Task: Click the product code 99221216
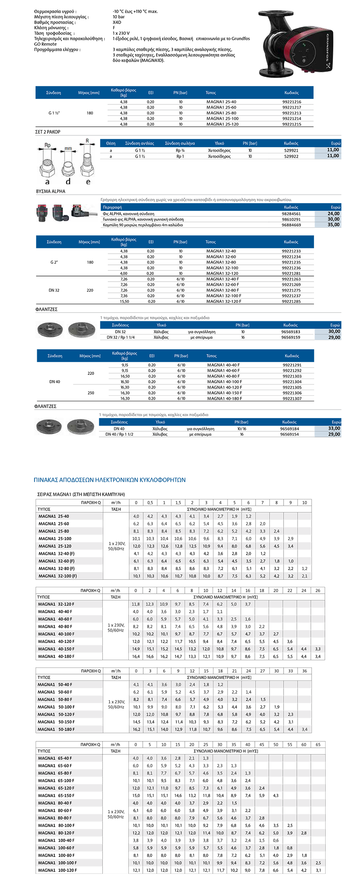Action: pyautogui.click(x=292, y=102)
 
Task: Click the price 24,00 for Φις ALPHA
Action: pyautogui.click(x=333, y=214)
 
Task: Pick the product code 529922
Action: pyautogui.click(x=291, y=156)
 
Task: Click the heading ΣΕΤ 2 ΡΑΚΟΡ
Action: pyautogui.click(x=48, y=132)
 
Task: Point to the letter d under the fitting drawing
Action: pyautogui.click(x=68, y=182)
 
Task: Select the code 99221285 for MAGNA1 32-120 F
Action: pyautogui.click(x=291, y=302)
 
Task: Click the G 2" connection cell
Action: pyautogui.click(x=54, y=262)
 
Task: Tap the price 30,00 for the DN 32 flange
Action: pyautogui.click(x=334, y=331)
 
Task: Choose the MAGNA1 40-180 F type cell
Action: pyautogui.click(x=224, y=398)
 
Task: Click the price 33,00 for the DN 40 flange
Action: pyautogui.click(x=334, y=428)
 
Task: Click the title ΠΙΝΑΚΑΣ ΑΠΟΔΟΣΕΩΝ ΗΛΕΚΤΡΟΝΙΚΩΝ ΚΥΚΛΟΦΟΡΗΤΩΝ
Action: pyautogui.click(x=110, y=480)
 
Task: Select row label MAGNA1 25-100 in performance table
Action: pyautogui.click(x=55, y=539)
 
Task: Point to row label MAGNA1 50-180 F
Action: pyautogui.click(x=56, y=729)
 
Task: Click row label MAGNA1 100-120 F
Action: pyautogui.click(x=57, y=870)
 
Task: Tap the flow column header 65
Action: pyautogui.click(x=318, y=745)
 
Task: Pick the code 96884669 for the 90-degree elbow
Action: pyautogui.click(x=291, y=225)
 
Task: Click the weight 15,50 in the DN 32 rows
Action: pyautogui.click(x=124, y=302)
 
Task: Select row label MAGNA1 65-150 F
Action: pyautogui.click(x=56, y=795)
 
